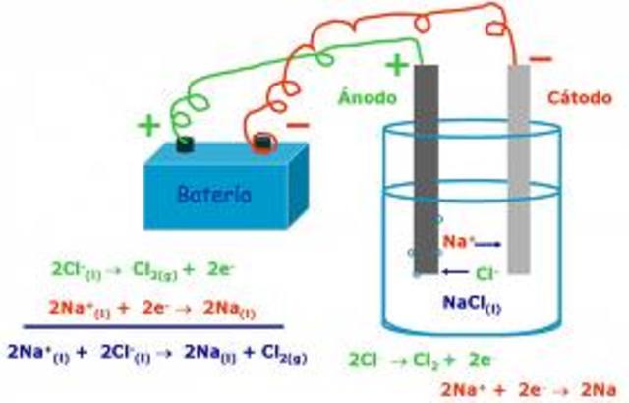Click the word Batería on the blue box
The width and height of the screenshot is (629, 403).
[214, 194]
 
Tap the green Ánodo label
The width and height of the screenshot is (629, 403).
[370, 99]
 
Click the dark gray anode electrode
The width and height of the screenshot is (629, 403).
[426, 167]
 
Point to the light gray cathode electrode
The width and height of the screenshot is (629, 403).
[518, 167]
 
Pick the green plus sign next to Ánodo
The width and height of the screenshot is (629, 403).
[396, 66]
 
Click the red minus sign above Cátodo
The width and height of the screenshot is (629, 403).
[541, 59]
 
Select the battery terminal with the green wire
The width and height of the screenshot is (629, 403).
[185, 144]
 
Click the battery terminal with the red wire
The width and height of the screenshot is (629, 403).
[261, 144]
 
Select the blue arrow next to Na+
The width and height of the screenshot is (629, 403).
[488, 243]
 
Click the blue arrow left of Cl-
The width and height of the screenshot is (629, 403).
[454, 271]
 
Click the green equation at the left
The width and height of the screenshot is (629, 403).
[143, 267]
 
